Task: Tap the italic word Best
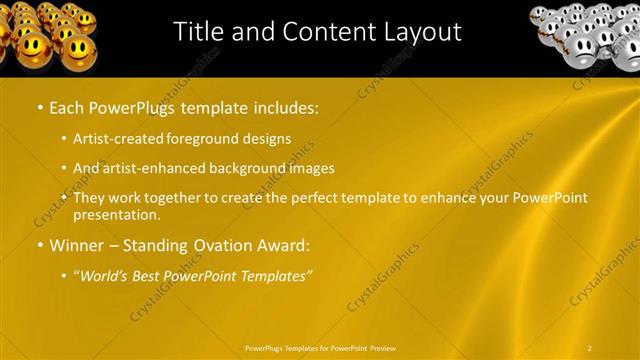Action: [x=155, y=275]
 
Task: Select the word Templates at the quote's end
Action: [x=278, y=275]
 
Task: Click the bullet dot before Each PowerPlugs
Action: [x=39, y=106]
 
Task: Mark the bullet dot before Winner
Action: [x=39, y=245]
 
